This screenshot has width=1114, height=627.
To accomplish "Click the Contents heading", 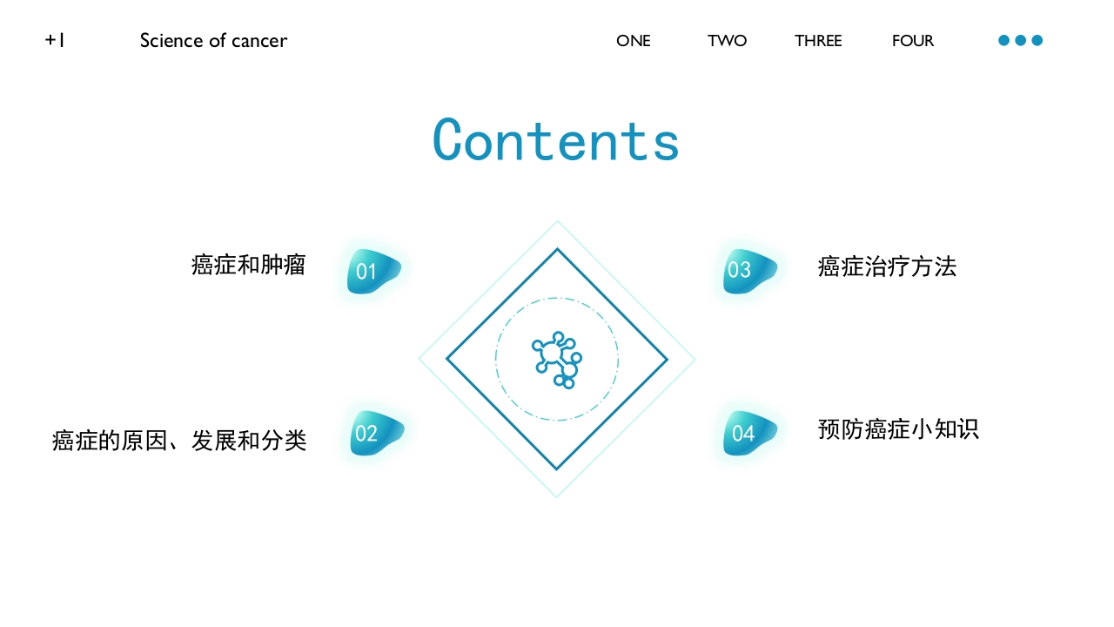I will point(556,139).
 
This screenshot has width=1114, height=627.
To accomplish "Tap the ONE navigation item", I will point(633,41).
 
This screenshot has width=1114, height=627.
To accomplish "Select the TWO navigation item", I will point(727,41).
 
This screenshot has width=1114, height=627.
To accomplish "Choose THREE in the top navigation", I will point(818,41).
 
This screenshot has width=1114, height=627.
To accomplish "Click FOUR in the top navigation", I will point(912,41).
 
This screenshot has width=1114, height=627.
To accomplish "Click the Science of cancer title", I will point(213,41).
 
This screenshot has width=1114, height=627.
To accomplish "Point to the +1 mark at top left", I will point(55,40).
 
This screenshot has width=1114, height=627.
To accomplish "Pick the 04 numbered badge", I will point(748,433).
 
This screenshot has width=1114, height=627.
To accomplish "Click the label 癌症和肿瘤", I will point(248,265).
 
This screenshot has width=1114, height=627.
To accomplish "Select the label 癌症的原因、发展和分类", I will point(179,441).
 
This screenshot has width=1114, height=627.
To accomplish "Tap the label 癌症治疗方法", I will point(887,266).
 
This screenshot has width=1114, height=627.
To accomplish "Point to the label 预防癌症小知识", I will point(898,429).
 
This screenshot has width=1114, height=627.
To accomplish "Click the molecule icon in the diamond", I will point(557,359).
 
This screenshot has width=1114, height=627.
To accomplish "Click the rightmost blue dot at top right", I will point(1037,40).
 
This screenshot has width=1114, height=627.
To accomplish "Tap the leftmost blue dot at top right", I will point(1003,40).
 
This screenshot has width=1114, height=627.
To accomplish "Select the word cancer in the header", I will point(259,41).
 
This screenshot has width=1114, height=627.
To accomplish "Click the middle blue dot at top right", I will point(1020,40).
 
